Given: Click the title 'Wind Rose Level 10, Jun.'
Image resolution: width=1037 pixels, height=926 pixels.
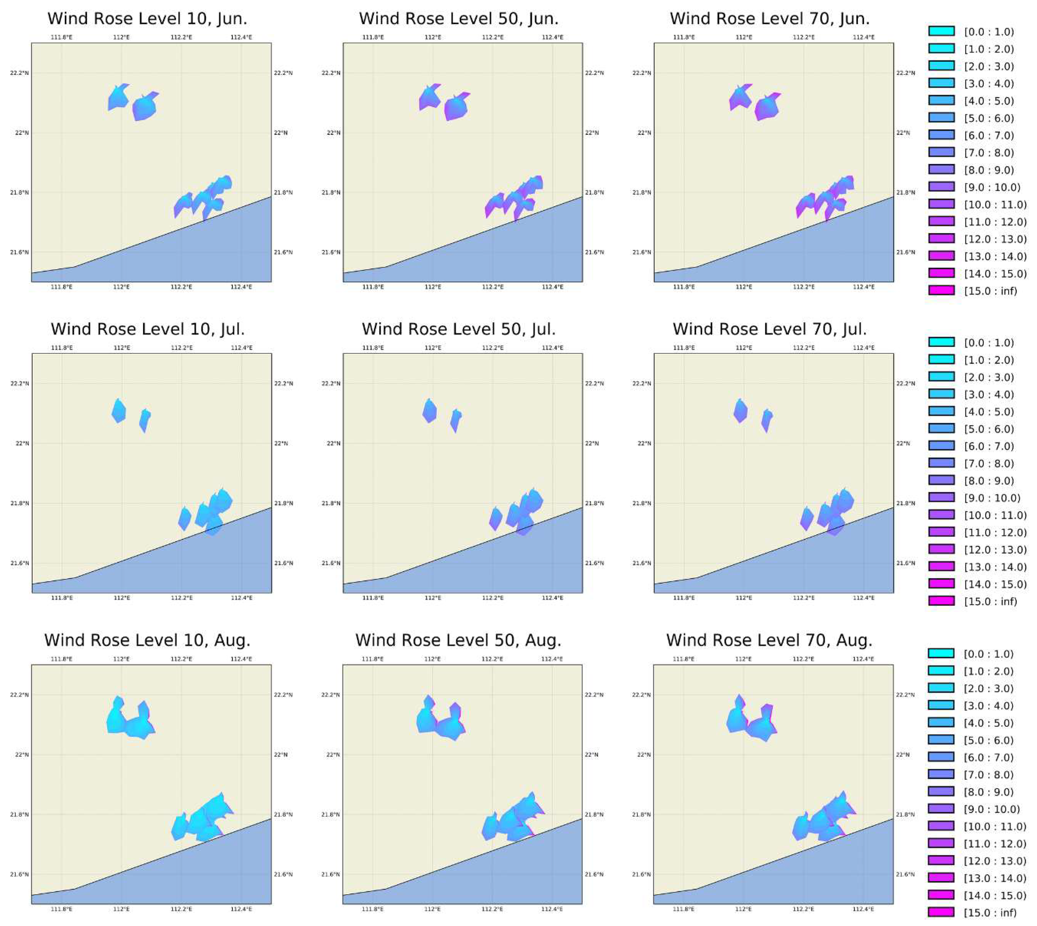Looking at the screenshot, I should coord(147,19).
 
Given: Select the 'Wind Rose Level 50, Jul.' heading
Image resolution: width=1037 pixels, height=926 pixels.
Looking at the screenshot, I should coord(459,329).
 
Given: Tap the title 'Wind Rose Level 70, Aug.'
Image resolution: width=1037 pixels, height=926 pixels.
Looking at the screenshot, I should coord(769,640).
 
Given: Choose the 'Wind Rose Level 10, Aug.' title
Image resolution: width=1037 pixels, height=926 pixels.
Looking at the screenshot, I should coord(147,640).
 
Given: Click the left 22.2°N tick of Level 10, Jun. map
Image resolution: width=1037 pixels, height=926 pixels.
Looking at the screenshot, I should coord(19,73).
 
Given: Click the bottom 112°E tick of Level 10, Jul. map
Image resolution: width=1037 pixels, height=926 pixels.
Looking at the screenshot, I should coord(122,598).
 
